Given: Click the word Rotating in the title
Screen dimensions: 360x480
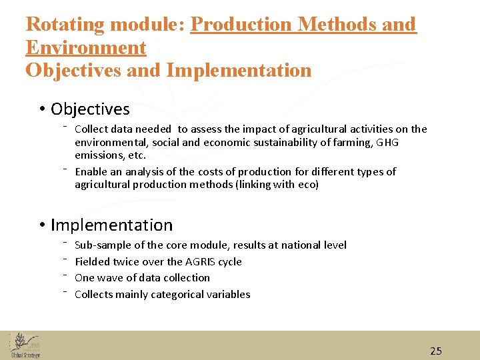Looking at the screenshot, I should click(x=65, y=25).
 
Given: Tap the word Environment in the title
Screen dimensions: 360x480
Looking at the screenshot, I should click(x=85, y=47).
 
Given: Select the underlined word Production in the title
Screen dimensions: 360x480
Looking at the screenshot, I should click(x=241, y=25).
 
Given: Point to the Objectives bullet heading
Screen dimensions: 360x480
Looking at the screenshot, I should click(x=90, y=109).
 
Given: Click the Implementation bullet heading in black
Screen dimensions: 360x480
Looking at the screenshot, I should click(x=111, y=225).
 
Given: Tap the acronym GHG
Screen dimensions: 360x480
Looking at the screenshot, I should click(x=387, y=142).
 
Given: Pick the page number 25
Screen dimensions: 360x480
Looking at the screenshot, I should click(x=435, y=351).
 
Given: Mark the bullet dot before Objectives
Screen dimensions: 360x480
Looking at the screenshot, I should click(x=41, y=109).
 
